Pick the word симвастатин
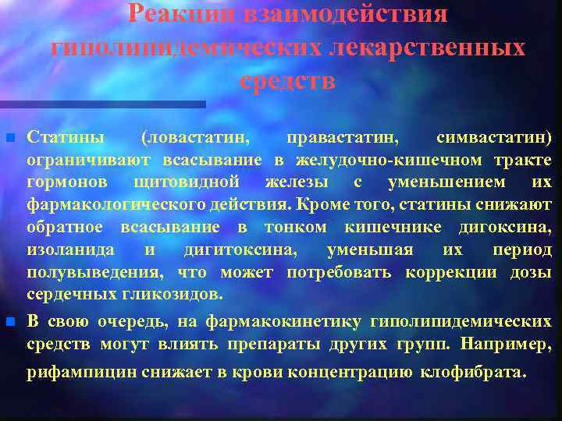point(493,138)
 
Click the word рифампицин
point(83,372)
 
